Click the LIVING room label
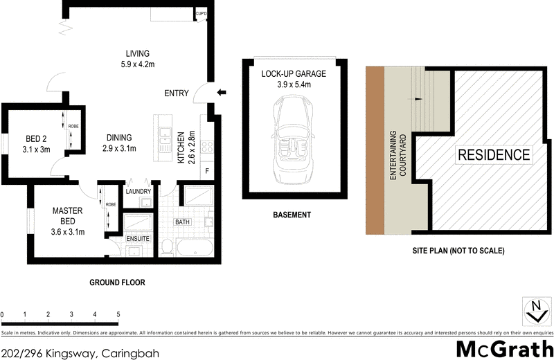click(137, 54)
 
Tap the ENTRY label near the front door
click(177, 93)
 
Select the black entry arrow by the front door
click(222, 93)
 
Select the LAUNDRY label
click(138, 190)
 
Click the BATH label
click(184, 222)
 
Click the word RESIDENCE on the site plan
click(493, 155)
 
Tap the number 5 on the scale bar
click(118, 315)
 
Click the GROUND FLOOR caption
click(117, 282)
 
